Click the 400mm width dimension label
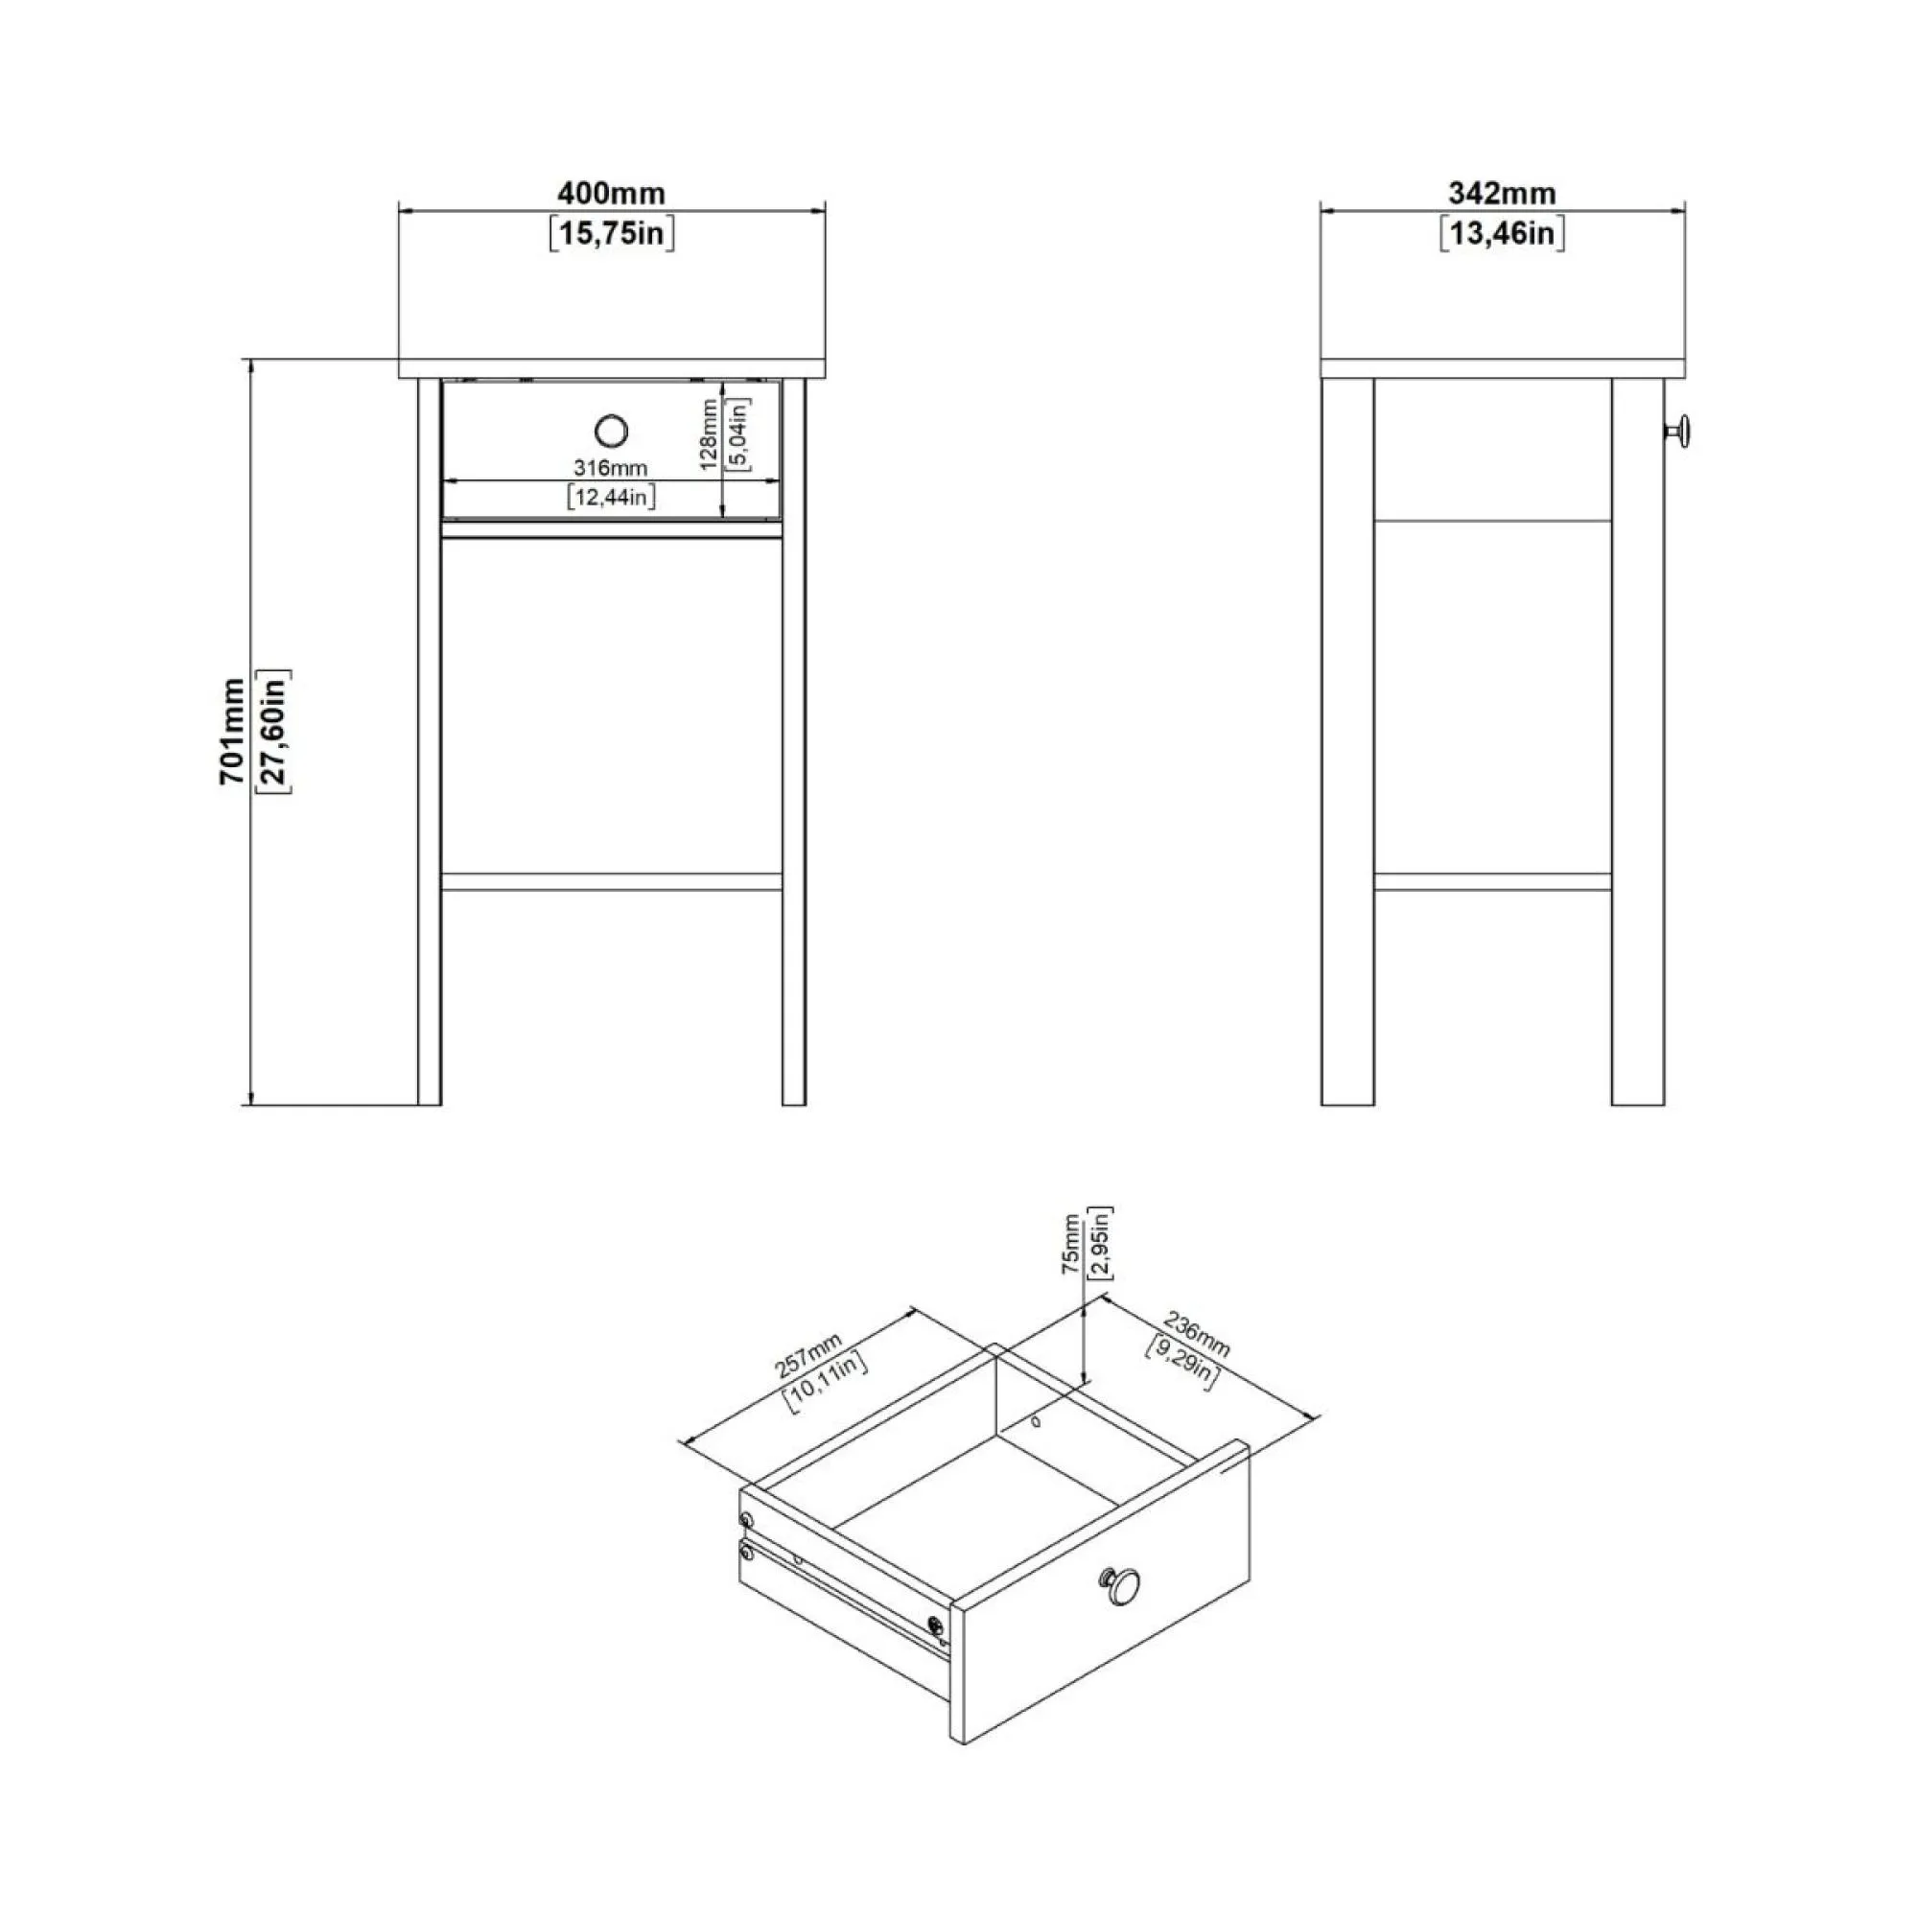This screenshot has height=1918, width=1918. [x=611, y=193]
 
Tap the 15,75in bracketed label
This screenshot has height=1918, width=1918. [x=612, y=234]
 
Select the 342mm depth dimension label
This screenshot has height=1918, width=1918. [x=1501, y=193]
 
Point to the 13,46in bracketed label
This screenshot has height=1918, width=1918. [x=1502, y=234]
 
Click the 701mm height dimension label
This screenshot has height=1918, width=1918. [x=232, y=732]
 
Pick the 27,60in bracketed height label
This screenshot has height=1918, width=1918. [x=274, y=732]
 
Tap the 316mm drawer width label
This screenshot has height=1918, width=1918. [x=611, y=468]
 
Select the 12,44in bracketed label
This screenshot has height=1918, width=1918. [x=612, y=497]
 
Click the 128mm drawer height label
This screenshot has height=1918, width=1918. [x=709, y=433]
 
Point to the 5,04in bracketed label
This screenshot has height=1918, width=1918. [x=739, y=433]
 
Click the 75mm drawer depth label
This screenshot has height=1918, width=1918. [x=1070, y=1245]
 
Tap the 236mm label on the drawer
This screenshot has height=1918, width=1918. [x=1197, y=1335]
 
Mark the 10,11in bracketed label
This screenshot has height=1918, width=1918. [x=828, y=1381]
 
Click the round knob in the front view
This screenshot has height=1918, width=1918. [x=612, y=431]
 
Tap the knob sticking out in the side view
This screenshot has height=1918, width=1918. [x=1679, y=431]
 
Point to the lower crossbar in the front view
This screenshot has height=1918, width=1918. [x=612, y=881]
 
